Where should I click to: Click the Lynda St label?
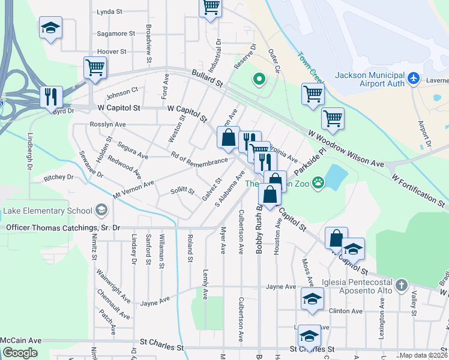click(109, 11)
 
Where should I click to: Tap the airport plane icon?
click(413, 79)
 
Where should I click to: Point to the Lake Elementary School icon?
click(101, 210)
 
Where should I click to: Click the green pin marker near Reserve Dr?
click(259, 79)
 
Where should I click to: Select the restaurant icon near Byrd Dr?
click(51, 97)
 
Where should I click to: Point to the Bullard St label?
click(207, 78)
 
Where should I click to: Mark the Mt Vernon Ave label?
click(133, 188)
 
